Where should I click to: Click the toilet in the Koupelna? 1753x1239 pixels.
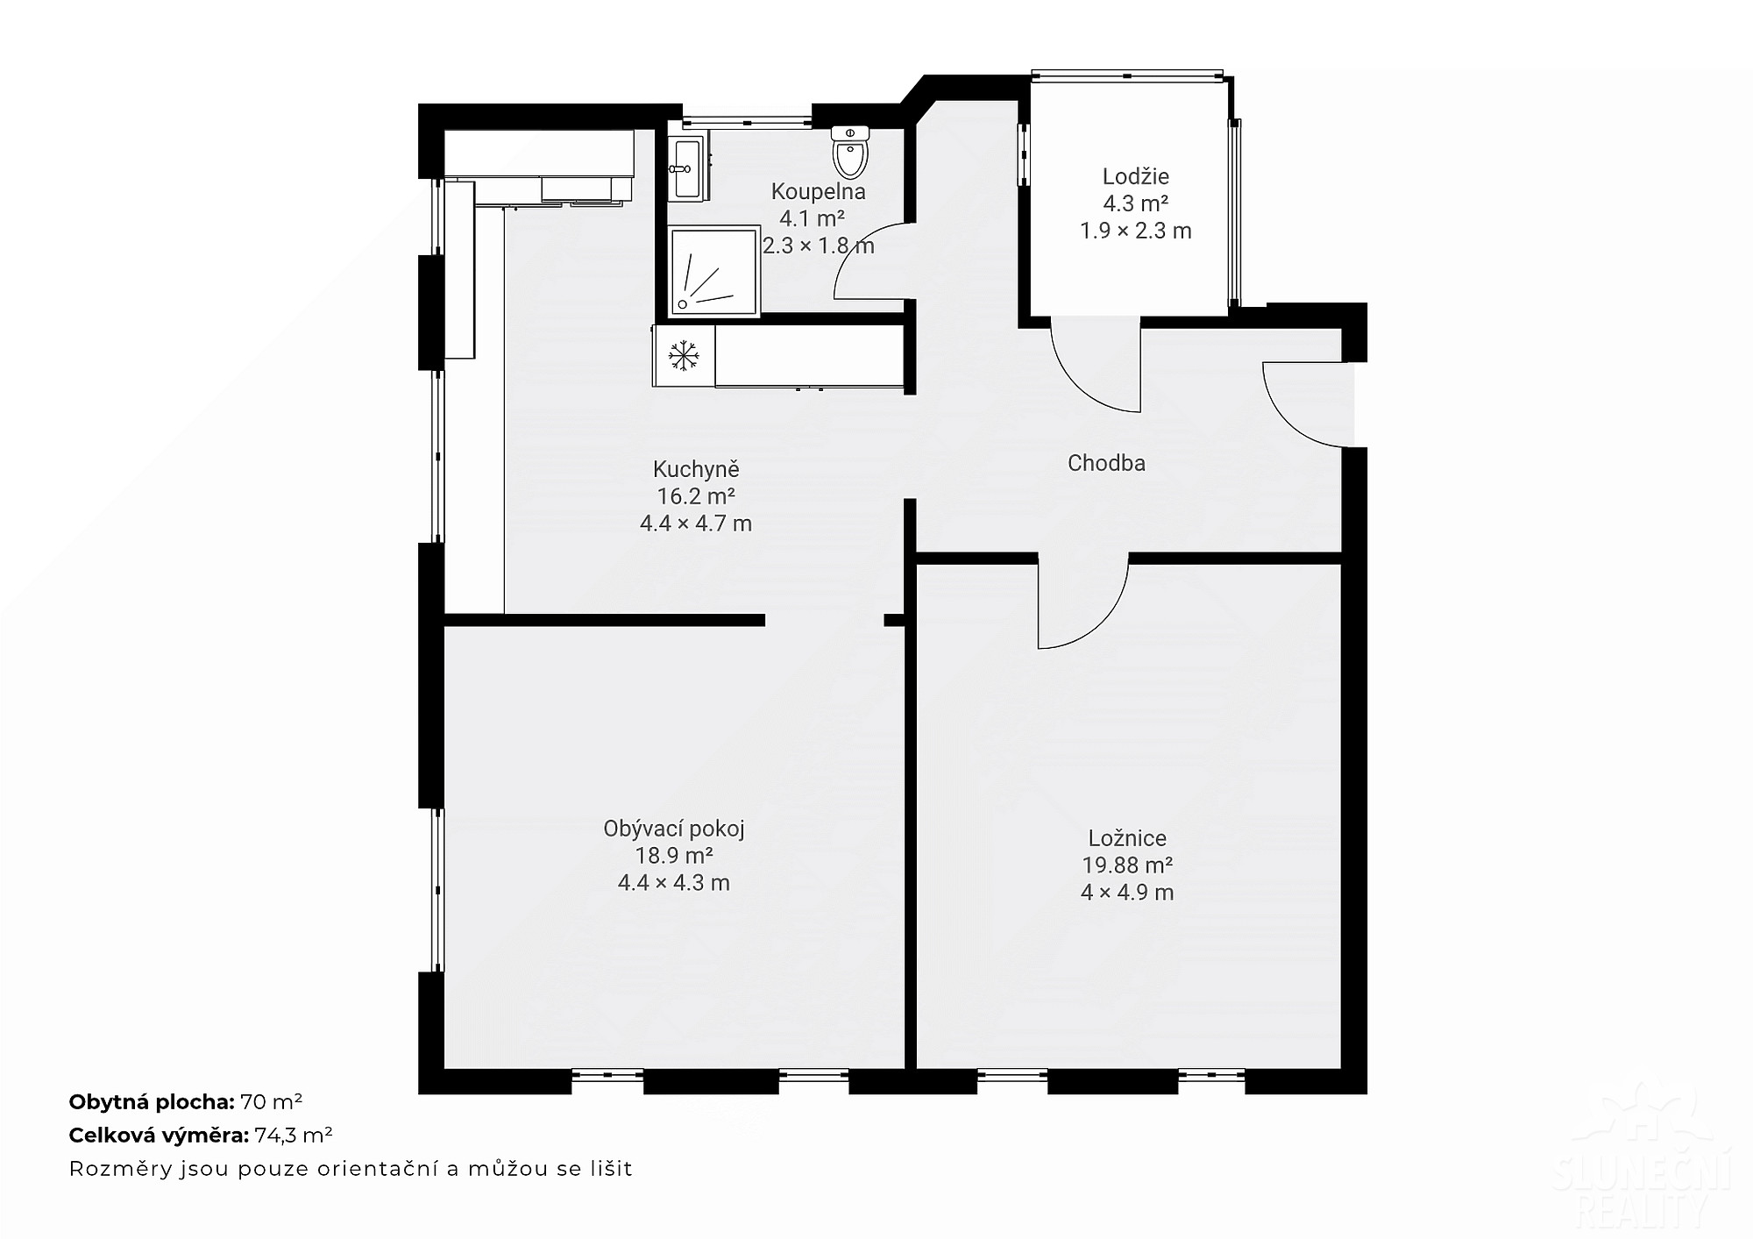(850, 152)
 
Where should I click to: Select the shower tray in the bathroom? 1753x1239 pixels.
(713, 272)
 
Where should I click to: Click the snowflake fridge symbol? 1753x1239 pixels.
(684, 355)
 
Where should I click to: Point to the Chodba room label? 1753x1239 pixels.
(1106, 463)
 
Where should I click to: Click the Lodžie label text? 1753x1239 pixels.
(1135, 176)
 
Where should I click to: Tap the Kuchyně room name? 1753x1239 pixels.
(696, 469)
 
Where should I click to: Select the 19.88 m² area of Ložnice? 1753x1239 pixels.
(1127, 865)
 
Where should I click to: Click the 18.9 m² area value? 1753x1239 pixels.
(674, 856)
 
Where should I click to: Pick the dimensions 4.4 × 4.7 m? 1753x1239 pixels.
(696, 523)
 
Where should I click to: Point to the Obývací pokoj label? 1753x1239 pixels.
(674, 829)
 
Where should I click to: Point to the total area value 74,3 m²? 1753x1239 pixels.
(294, 1136)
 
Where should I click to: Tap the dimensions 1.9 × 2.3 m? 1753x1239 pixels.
(1135, 231)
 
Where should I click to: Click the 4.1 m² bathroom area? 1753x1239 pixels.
(812, 218)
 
